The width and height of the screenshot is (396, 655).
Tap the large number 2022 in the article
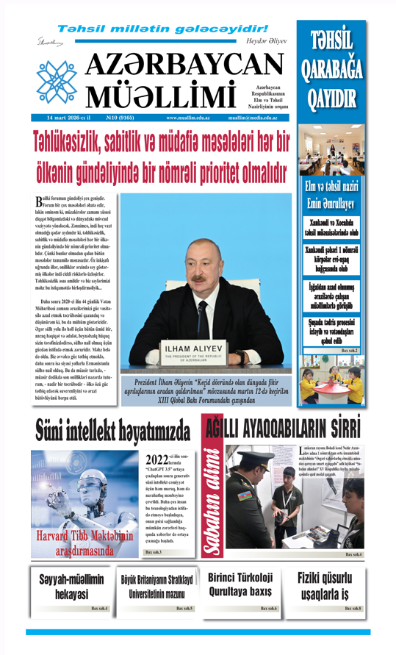157,458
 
